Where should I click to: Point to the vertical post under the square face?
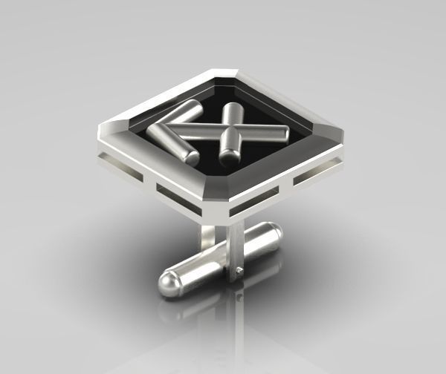click(211, 239)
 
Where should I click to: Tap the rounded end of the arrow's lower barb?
click(190, 157)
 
